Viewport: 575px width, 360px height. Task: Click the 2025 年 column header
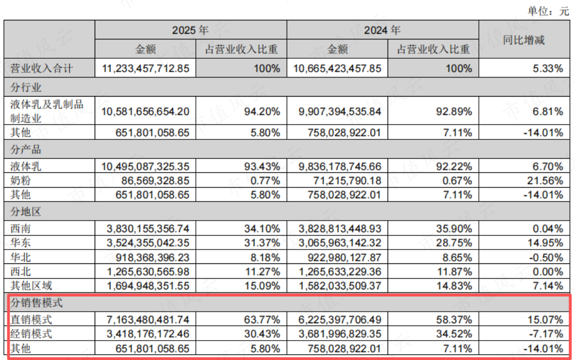point(190,30)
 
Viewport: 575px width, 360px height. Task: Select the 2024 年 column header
point(382,30)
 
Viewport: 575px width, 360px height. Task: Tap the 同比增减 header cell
point(524,40)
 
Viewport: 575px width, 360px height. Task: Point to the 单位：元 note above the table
point(548,11)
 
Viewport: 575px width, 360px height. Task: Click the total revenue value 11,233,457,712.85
point(145,69)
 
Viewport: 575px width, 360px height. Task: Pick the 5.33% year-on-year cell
point(548,69)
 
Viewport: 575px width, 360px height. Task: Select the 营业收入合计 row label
point(41,68)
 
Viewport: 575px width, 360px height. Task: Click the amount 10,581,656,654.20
point(145,112)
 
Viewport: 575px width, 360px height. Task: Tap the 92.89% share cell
point(454,112)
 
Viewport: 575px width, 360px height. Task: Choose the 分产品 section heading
point(26,149)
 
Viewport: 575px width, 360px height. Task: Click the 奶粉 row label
point(20,180)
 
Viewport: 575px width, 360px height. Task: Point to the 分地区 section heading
point(26,212)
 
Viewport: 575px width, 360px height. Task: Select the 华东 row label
point(20,242)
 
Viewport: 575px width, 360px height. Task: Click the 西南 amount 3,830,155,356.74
point(148,229)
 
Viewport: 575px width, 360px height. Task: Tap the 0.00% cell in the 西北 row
point(548,272)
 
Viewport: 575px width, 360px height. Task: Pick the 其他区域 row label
point(31,286)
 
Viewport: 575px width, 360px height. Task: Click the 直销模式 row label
point(31,320)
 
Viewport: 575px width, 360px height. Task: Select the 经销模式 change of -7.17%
point(547,334)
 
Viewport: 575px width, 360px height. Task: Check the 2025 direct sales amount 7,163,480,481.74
point(148,320)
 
